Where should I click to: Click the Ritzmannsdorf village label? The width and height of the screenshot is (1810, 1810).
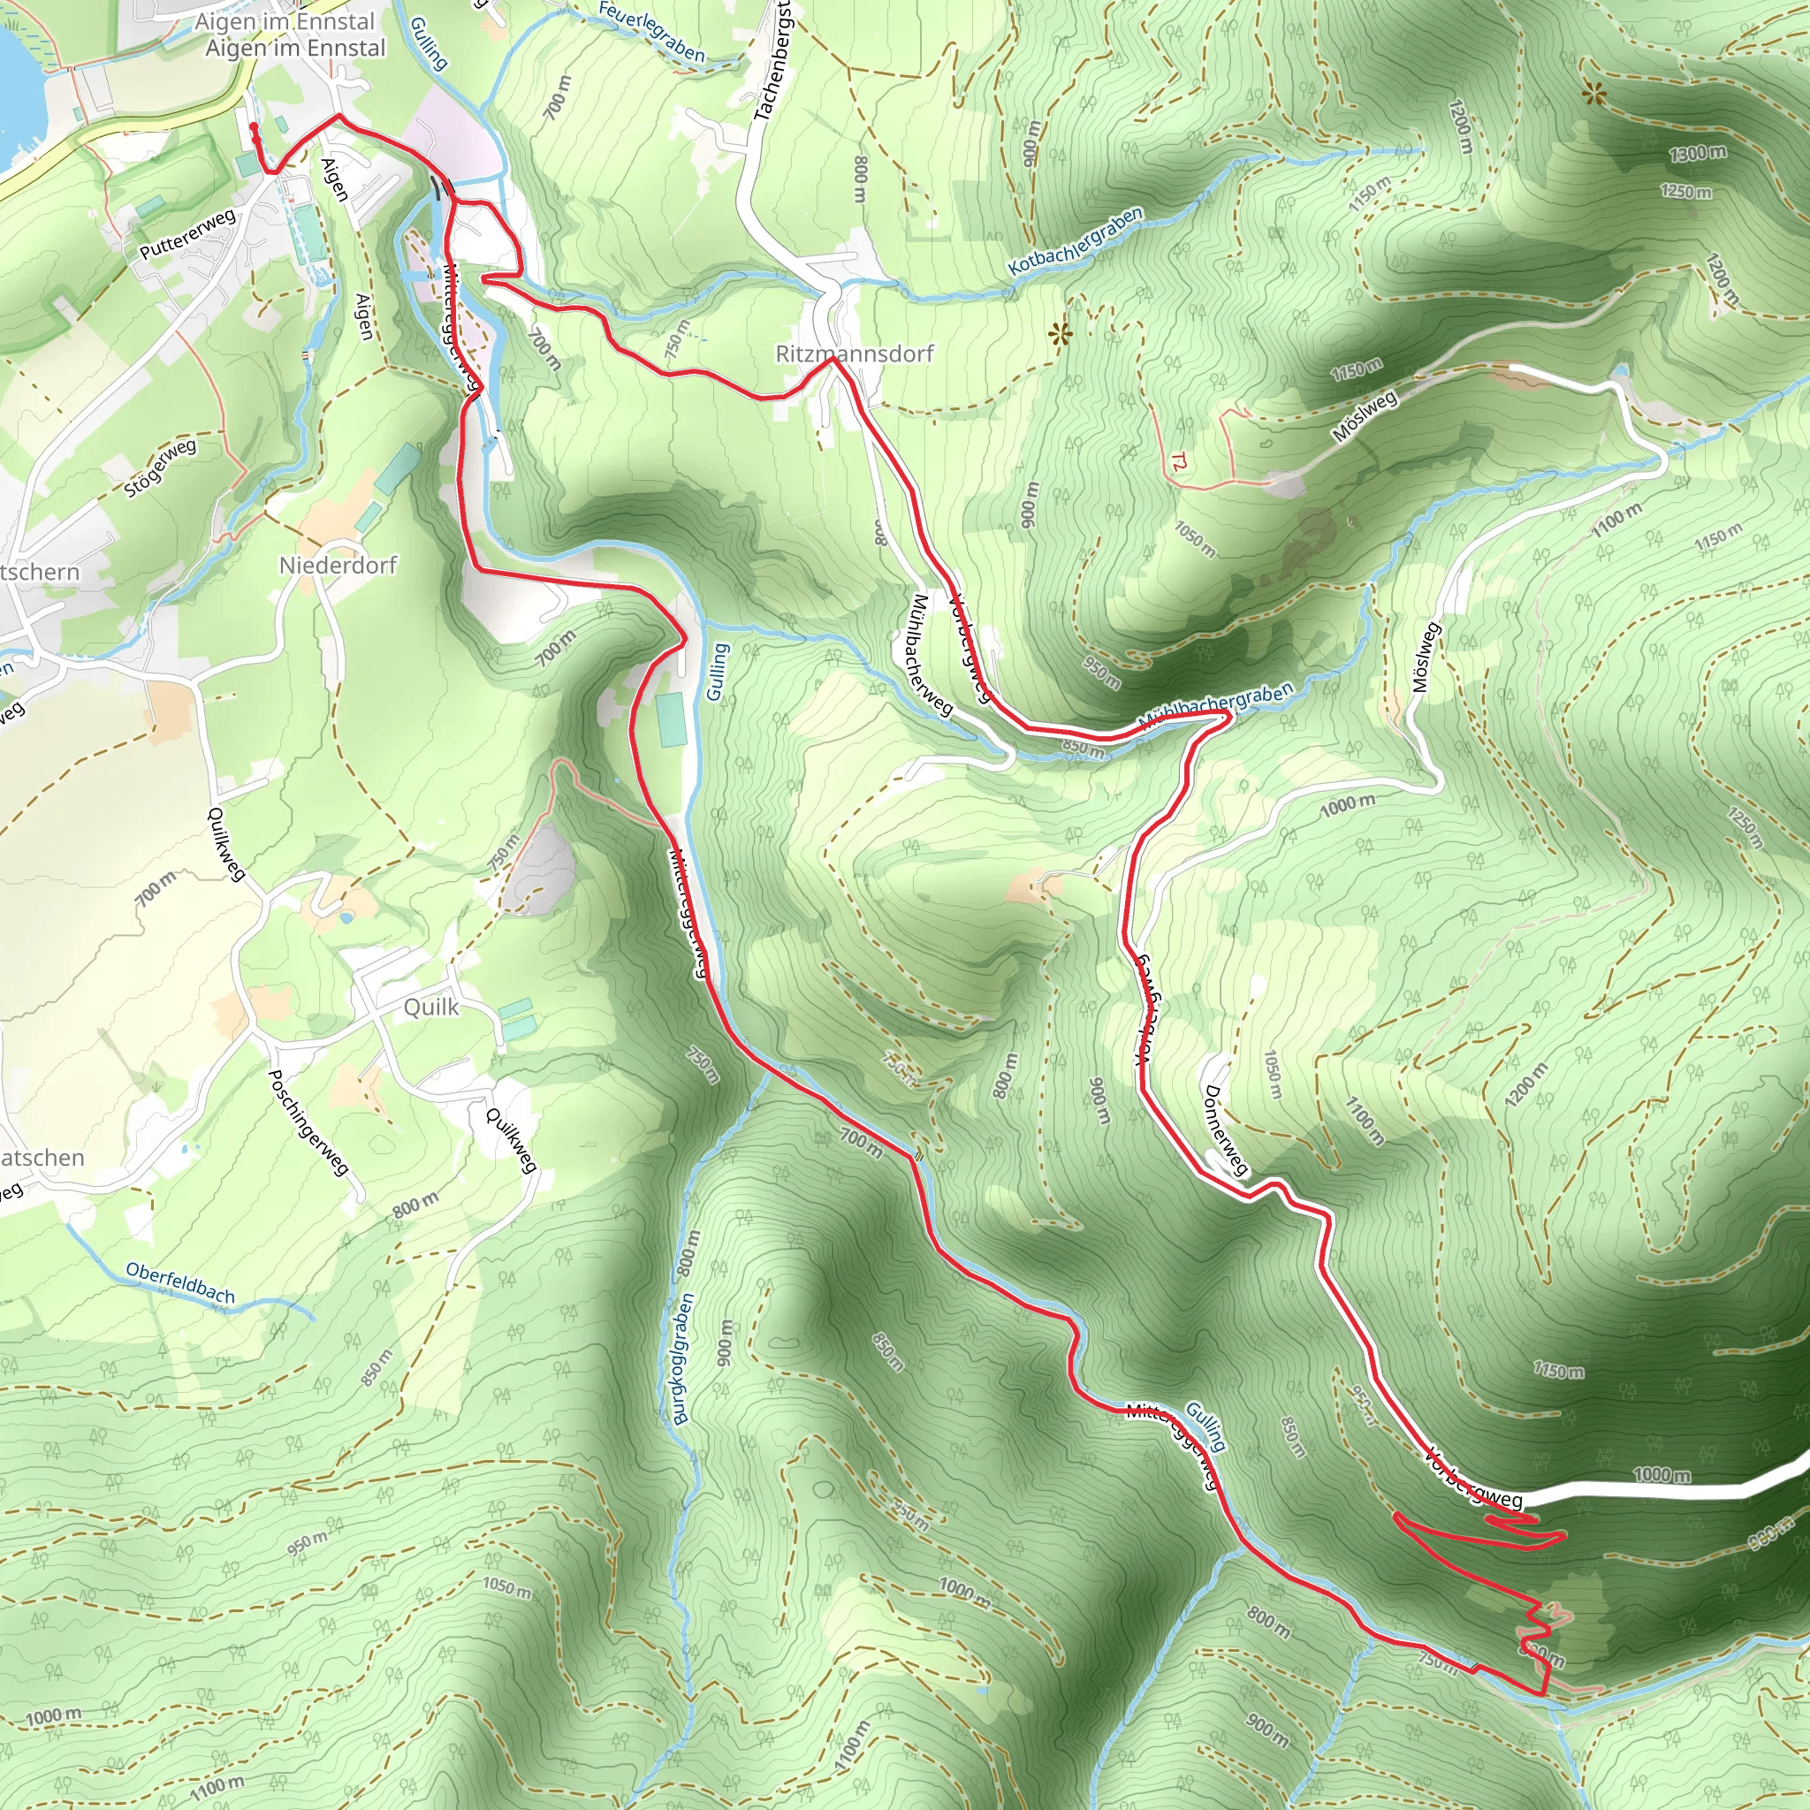click(x=855, y=354)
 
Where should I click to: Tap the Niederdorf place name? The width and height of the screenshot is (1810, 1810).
click(x=338, y=565)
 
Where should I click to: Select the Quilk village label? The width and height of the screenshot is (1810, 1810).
click(x=431, y=1008)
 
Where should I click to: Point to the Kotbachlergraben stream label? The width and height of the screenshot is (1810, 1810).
click(x=1076, y=241)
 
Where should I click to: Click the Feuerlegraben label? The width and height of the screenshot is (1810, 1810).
click(x=651, y=31)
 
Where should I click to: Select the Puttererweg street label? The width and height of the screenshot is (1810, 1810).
click(x=187, y=234)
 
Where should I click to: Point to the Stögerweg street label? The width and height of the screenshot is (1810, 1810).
click(x=161, y=468)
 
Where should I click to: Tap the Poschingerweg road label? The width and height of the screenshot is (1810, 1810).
click(x=308, y=1122)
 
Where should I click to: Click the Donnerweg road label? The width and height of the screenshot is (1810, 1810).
click(x=1226, y=1129)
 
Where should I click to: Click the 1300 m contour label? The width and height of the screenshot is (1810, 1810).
click(x=1697, y=153)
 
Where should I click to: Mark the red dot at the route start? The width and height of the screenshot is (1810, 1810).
click(x=254, y=126)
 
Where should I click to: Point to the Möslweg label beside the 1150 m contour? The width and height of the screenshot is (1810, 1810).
click(x=1364, y=415)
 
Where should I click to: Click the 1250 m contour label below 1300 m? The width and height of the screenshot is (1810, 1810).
click(x=1685, y=191)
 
